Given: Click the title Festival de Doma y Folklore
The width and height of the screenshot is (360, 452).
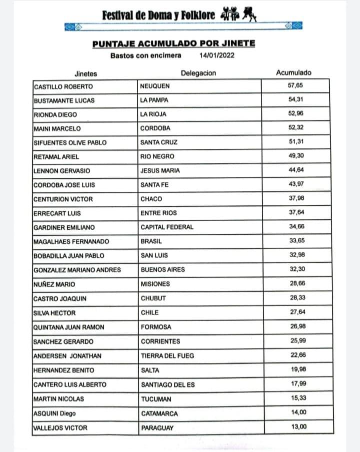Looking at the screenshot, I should tap(158, 15).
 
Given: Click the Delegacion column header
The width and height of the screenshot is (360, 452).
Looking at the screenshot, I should tap(198, 73).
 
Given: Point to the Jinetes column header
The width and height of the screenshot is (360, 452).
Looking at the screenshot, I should tap(85, 74).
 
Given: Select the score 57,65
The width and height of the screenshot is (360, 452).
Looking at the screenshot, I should tap(295, 85).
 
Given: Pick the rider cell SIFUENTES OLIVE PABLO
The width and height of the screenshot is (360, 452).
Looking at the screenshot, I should tap(70, 142).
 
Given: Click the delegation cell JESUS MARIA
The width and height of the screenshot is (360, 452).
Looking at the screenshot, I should tap(160, 171).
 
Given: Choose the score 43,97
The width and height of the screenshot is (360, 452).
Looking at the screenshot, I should tap(295, 184).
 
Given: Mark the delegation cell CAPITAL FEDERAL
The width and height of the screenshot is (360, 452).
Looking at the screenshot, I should tap(166, 227).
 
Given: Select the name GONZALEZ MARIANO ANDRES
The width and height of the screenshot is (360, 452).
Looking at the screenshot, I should tap(77, 270).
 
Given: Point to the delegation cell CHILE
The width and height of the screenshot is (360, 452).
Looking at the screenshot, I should tap(149, 313).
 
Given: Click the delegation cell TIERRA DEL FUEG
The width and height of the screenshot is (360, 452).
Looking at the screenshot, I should tap(167, 356).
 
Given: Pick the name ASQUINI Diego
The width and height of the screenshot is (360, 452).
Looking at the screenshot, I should tap(54, 414).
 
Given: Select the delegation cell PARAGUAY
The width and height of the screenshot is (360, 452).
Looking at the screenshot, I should tap(157, 428).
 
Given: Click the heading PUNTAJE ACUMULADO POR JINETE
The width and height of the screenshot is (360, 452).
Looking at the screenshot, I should tap(173, 43).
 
